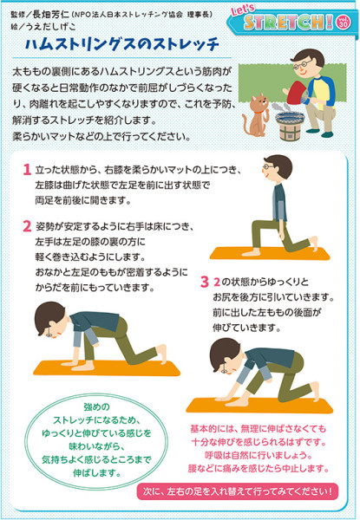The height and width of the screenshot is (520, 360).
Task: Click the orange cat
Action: point(257,115)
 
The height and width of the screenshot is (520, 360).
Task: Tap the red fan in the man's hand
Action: point(298,92)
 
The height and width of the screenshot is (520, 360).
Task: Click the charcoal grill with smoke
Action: point(290,124)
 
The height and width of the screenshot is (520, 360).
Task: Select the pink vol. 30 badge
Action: point(343,23)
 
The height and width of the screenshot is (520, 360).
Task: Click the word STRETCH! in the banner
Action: point(288,23)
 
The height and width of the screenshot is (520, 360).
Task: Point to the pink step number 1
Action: point(27,170)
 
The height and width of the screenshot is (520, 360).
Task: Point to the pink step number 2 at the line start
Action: point(27,226)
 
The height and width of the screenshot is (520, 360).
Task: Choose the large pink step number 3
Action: point(205,282)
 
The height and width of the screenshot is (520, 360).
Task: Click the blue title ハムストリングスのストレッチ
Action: point(122,45)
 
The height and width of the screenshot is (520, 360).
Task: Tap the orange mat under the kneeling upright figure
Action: point(270,253)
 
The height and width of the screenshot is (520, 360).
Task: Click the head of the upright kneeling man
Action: point(277,168)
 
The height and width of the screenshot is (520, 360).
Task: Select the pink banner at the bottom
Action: point(238,491)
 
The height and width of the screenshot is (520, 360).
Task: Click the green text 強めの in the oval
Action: point(96,407)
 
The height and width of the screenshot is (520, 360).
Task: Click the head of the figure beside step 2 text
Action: point(50,319)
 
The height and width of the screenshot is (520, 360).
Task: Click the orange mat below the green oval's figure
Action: point(107,367)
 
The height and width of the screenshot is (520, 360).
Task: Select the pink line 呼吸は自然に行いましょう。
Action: point(259,455)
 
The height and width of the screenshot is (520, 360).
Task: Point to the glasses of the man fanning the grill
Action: point(302,65)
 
